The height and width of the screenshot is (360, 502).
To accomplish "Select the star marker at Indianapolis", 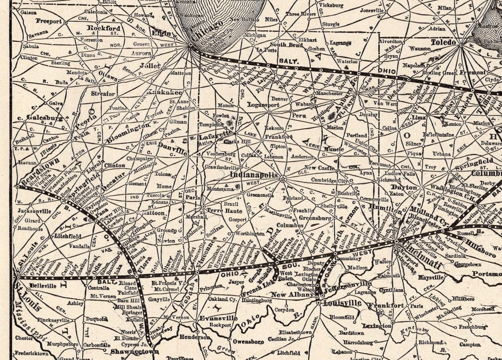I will tap(283, 178).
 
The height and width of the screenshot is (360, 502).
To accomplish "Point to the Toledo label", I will tap(443, 42).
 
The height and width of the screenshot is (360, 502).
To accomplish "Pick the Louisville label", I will tap(342, 303).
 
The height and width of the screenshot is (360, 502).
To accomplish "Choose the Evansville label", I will tap(218, 318).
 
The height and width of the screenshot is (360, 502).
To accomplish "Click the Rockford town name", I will tap(103, 28).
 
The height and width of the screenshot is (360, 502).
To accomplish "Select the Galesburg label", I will tap(44, 118).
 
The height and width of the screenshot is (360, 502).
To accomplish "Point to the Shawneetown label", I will tap(128, 352).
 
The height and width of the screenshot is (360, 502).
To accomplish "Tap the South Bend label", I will tap(286, 45).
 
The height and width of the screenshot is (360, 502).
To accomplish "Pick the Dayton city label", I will tap(403, 187).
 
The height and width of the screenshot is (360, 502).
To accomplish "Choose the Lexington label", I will tap(377, 326).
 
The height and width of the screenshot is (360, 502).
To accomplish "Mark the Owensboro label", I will tap(248, 341).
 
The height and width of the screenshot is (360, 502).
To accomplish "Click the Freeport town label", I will tap(49, 21).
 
